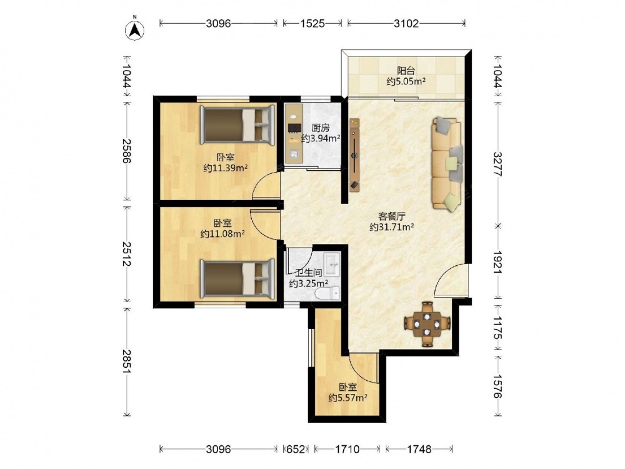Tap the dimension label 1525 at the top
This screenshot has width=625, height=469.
(312, 24)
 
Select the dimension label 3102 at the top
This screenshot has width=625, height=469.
(406, 24)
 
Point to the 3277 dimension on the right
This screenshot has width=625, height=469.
(498, 164)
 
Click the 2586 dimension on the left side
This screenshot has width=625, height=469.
(126, 151)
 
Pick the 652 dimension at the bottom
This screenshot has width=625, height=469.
(296, 449)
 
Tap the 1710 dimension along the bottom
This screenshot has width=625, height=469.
(347, 449)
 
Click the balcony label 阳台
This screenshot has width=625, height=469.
(406, 71)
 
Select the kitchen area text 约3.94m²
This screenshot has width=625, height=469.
(321, 138)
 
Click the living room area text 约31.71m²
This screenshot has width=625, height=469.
(391, 228)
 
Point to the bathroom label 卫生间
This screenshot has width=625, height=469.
(309, 273)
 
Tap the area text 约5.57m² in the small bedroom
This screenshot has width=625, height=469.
(348, 398)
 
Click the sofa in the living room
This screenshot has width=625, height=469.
(447, 164)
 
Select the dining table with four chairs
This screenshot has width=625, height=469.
(427, 324)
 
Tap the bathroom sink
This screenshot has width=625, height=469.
(332, 264)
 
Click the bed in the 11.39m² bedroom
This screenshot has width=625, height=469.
(237, 124)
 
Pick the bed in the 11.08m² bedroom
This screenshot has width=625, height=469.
(237, 278)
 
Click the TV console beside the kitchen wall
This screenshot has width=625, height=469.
(354, 154)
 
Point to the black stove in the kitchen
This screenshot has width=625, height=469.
(294, 128)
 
